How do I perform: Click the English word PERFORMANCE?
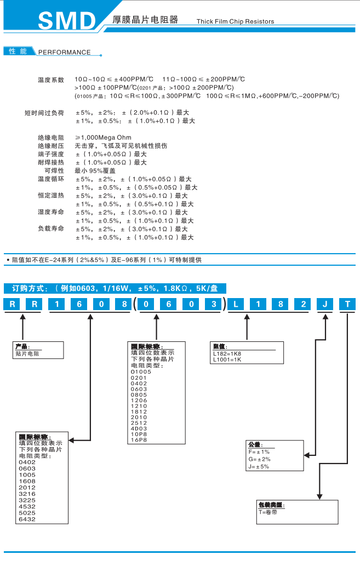[64, 53]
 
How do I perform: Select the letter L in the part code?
[236, 304]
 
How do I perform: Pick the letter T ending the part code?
[347, 304]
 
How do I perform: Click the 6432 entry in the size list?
[27, 519]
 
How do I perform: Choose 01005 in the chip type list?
[141, 371]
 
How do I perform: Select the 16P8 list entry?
[139, 439]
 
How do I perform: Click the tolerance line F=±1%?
[259, 451]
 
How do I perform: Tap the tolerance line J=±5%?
[259, 467]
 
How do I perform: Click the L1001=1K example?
[226, 359]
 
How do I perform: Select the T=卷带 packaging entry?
[268, 511]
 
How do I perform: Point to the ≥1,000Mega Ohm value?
[103, 138]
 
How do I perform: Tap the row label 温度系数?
[51, 79]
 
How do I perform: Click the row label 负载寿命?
[51, 228]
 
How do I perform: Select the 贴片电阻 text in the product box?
[27, 353]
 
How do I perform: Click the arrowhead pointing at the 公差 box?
[308, 454]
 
